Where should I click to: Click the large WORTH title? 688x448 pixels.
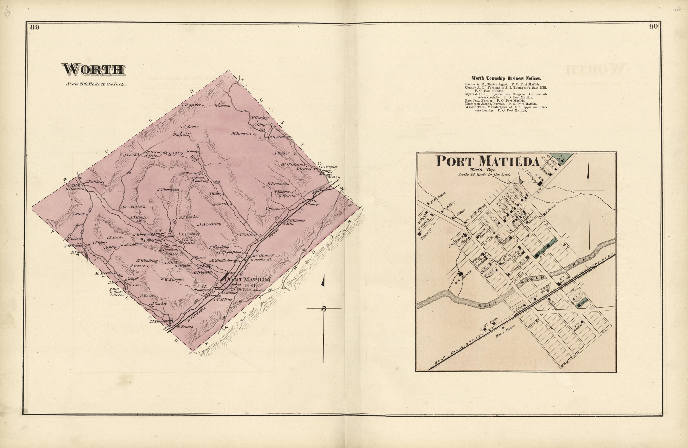[94, 70]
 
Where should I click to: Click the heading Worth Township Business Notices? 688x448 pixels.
[506, 78]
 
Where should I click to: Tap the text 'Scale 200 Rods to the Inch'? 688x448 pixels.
[95, 84]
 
